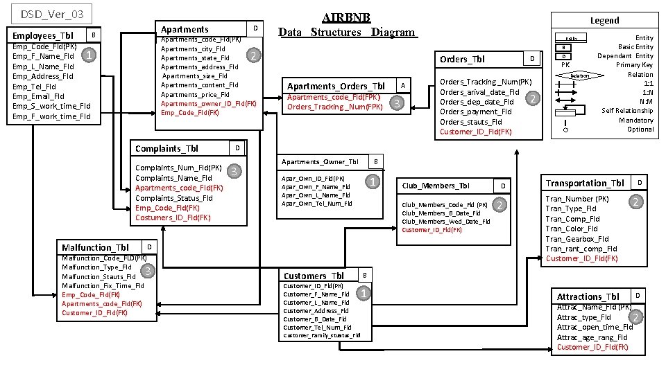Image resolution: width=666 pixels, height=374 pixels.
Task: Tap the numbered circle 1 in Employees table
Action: [x=88, y=54]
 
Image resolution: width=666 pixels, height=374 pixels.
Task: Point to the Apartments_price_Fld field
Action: [x=195, y=94]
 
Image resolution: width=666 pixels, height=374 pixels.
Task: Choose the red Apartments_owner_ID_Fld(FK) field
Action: [x=209, y=103]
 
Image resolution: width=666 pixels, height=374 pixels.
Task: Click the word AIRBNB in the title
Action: [x=346, y=17]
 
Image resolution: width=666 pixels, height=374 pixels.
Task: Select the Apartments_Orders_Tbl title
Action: [x=336, y=86]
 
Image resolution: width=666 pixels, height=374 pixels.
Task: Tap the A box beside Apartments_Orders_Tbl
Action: [x=403, y=84]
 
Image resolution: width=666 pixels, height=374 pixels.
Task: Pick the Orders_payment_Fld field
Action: [x=476, y=112]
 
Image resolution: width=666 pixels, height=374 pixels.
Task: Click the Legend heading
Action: [x=604, y=20]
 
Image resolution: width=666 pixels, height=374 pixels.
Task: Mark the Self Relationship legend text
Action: [x=627, y=110]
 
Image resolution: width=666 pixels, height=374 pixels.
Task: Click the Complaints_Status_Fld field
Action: [x=174, y=198]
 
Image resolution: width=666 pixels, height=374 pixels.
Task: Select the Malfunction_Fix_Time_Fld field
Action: [x=103, y=285]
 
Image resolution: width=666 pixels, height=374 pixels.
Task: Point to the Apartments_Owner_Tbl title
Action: [x=320, y=162]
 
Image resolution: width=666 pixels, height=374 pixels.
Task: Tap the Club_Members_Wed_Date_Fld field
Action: [x=446, y=222]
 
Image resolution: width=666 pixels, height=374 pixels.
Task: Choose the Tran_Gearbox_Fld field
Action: [x=577, y=239]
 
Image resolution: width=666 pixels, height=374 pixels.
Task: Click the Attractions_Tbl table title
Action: [x=588, y=296]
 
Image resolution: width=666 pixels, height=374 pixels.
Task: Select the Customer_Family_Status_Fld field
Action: [x=322, y=336]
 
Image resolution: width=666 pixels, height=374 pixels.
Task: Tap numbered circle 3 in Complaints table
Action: [x=235, y=171]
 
